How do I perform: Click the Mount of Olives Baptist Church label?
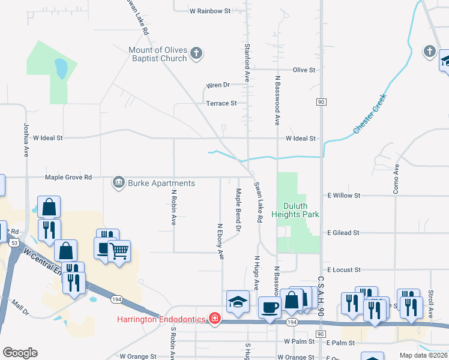click(x=158, y=55)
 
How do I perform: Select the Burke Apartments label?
click(x=161, y=183)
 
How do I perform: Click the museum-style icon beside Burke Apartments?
click(x=118, y=182)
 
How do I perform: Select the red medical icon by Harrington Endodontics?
click(x=214, y=319)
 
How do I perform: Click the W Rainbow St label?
click(x=210, y=11)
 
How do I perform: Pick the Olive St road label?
click(x=304, y=70)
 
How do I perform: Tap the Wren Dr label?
click(x=218, y=85)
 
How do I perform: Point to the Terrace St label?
click(x=221, y=103)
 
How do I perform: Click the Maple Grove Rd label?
click(x=68, y=178)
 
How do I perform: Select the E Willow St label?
click(x=343, y=196)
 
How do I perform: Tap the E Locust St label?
click(x=343, y=271)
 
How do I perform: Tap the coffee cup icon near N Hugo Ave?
click(x=269, y=307)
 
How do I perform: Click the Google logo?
click(x=20, y=353)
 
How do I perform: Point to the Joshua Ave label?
click(x=26, y=140)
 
